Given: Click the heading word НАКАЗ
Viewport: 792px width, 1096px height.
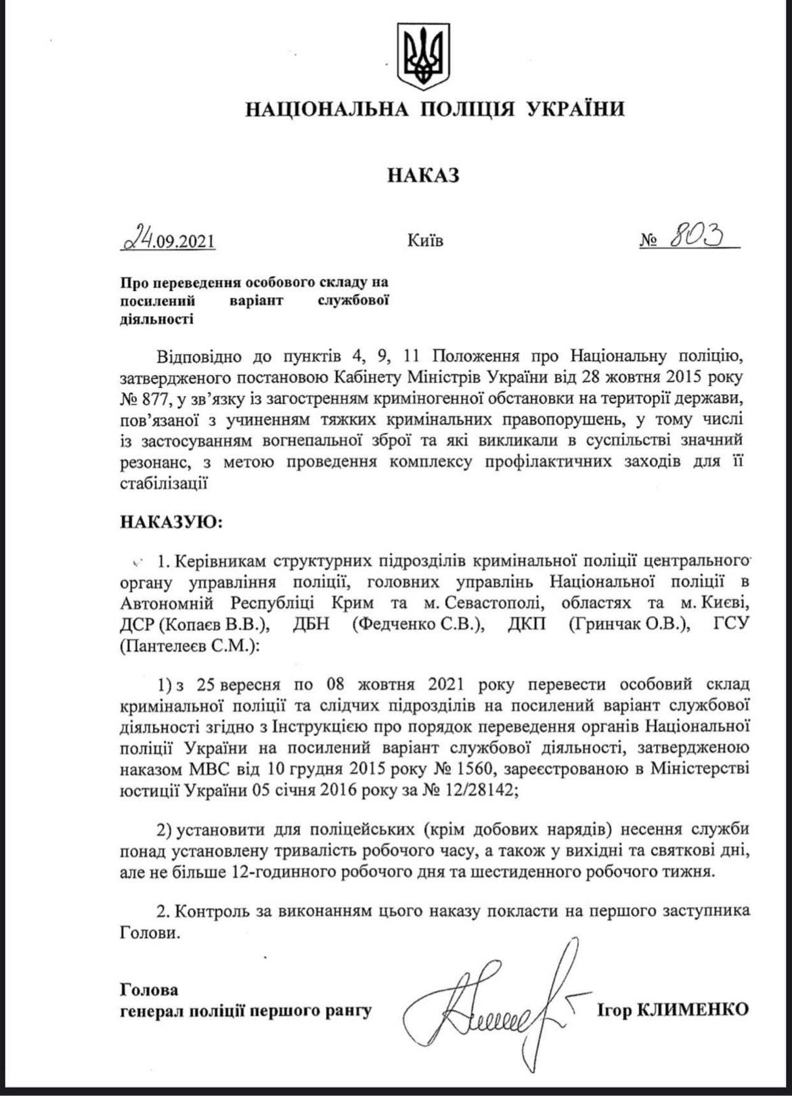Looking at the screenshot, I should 424,175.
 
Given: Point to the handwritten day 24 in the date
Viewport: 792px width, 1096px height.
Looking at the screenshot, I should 139,238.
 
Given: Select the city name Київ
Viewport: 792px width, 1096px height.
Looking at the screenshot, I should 426,240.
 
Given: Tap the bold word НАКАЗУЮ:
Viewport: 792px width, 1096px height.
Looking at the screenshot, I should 171,522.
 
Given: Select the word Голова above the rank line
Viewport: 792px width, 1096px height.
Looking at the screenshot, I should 150,990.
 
